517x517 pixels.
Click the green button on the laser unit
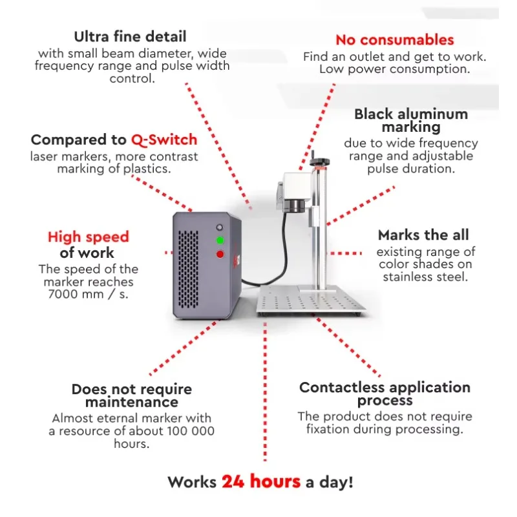pyautogui.click(x=220, y=240)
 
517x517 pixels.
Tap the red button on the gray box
pyautogui.click(x=220, y=254)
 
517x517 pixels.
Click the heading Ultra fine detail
pyautogui.click(x=130, y=37)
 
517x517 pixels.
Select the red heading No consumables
pyautogui.click(x=395, y=40)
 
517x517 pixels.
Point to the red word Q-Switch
pyautogui.click(x=164, y=140)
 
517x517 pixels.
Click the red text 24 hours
pyautogui.click(x=261, y=481)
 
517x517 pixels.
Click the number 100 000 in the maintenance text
pyautogui.click(x=191, y=431)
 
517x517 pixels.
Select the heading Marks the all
pyautogui.click(x=423, y=235)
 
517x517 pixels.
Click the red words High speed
pyautogui.click(x=89, y=237)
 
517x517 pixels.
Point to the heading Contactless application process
pyautogui.click(x=385, y=394)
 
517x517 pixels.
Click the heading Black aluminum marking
pyautogui.click(x=411, y=120)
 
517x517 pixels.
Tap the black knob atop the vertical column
pyautogui.click(x=319, y=161)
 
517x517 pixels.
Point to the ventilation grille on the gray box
pyautogui.click(x=188, y=269)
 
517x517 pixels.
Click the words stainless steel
pyautogui.click(x=425, y=277)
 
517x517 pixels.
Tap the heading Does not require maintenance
pyautogui.click(x=132, y=396)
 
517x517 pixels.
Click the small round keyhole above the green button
pyautogui.click(x=219, y=227)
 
